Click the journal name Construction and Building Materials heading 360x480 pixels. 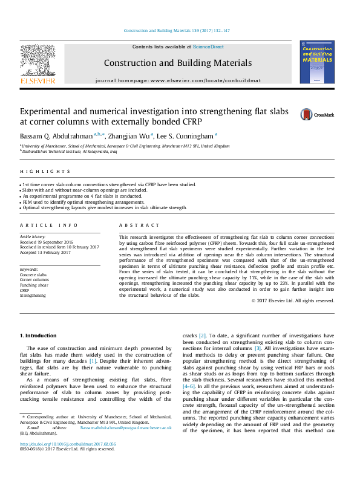tap(177, 63)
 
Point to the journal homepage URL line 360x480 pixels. tap(177, 80)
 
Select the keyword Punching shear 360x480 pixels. tap(34, 285)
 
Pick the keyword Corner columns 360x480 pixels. tap(35, 280)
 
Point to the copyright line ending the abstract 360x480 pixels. tap(293, 300)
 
